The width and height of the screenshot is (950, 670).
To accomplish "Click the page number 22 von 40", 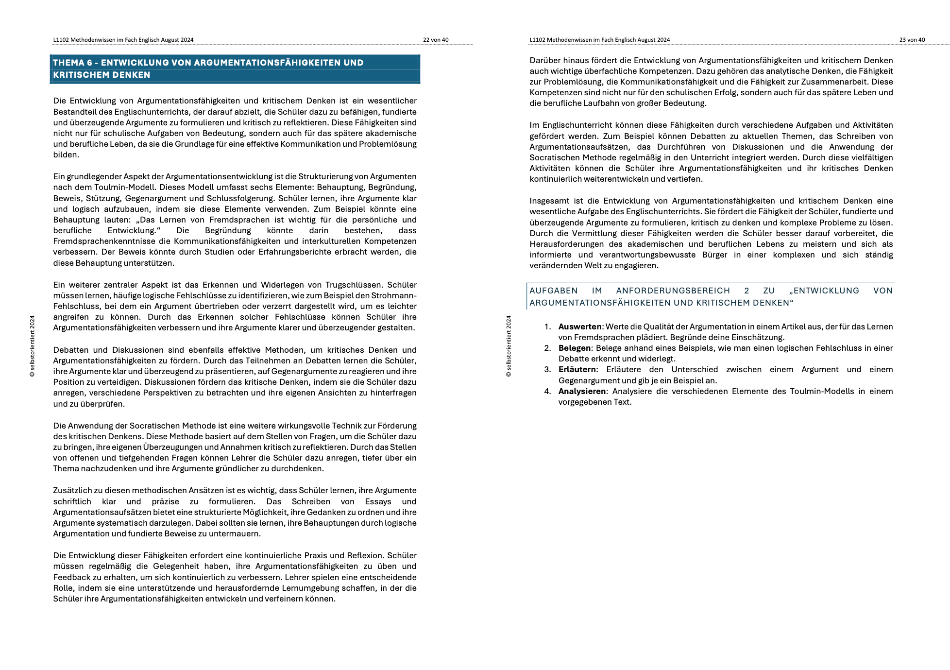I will [x=435, y=40].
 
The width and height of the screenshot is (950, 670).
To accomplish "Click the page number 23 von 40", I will [x=912, y=40].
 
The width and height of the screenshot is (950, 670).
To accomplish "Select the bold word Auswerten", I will [x=580, y=326].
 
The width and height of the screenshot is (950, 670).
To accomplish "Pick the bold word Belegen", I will [x=575, y=348].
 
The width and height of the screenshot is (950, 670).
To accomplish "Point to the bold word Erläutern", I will [x=577, y=369].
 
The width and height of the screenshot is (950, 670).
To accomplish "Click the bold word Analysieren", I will [x=582, y=391].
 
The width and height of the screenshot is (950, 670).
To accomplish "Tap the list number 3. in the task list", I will [x=547, y=369].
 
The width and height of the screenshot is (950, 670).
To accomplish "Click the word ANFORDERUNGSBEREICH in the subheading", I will [x=673, y=291].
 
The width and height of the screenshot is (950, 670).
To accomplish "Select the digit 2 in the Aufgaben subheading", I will [x=746, y=291].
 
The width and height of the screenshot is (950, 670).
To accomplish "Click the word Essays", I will [x=378, y=501].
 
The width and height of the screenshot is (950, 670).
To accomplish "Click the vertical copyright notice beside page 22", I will [x=33, y=346].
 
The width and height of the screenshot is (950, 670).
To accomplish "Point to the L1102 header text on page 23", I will [x=599, y=40].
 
